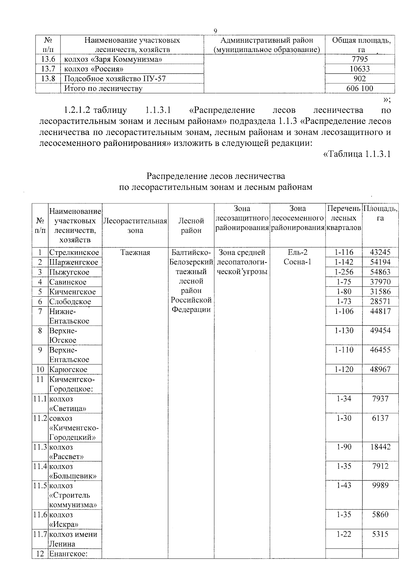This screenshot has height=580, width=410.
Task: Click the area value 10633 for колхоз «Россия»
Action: coord(359,69)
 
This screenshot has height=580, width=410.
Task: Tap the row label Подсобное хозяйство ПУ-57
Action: coord(115,79)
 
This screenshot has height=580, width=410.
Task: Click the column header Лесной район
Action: coord(191,226)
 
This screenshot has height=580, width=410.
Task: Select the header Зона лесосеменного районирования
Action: coord(297,218)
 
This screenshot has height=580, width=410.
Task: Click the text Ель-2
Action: coord(297,253)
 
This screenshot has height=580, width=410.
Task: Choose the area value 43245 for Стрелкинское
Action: coord(380,253)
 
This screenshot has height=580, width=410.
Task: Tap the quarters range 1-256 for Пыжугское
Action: coord(344,272)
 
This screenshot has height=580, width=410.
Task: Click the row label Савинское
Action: coord(68,282)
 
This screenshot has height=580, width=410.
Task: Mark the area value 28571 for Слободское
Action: coord(380,302)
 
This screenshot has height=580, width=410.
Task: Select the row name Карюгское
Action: coord(68,370)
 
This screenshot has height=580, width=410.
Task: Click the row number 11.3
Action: coord(40,447)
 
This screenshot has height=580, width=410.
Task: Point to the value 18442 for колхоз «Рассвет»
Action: coord(380,447)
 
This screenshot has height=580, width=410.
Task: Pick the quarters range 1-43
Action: coord(344,486)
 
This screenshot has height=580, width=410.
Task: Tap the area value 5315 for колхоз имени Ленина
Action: coord(380,534)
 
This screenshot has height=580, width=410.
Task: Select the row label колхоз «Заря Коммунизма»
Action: coord(113,59)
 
